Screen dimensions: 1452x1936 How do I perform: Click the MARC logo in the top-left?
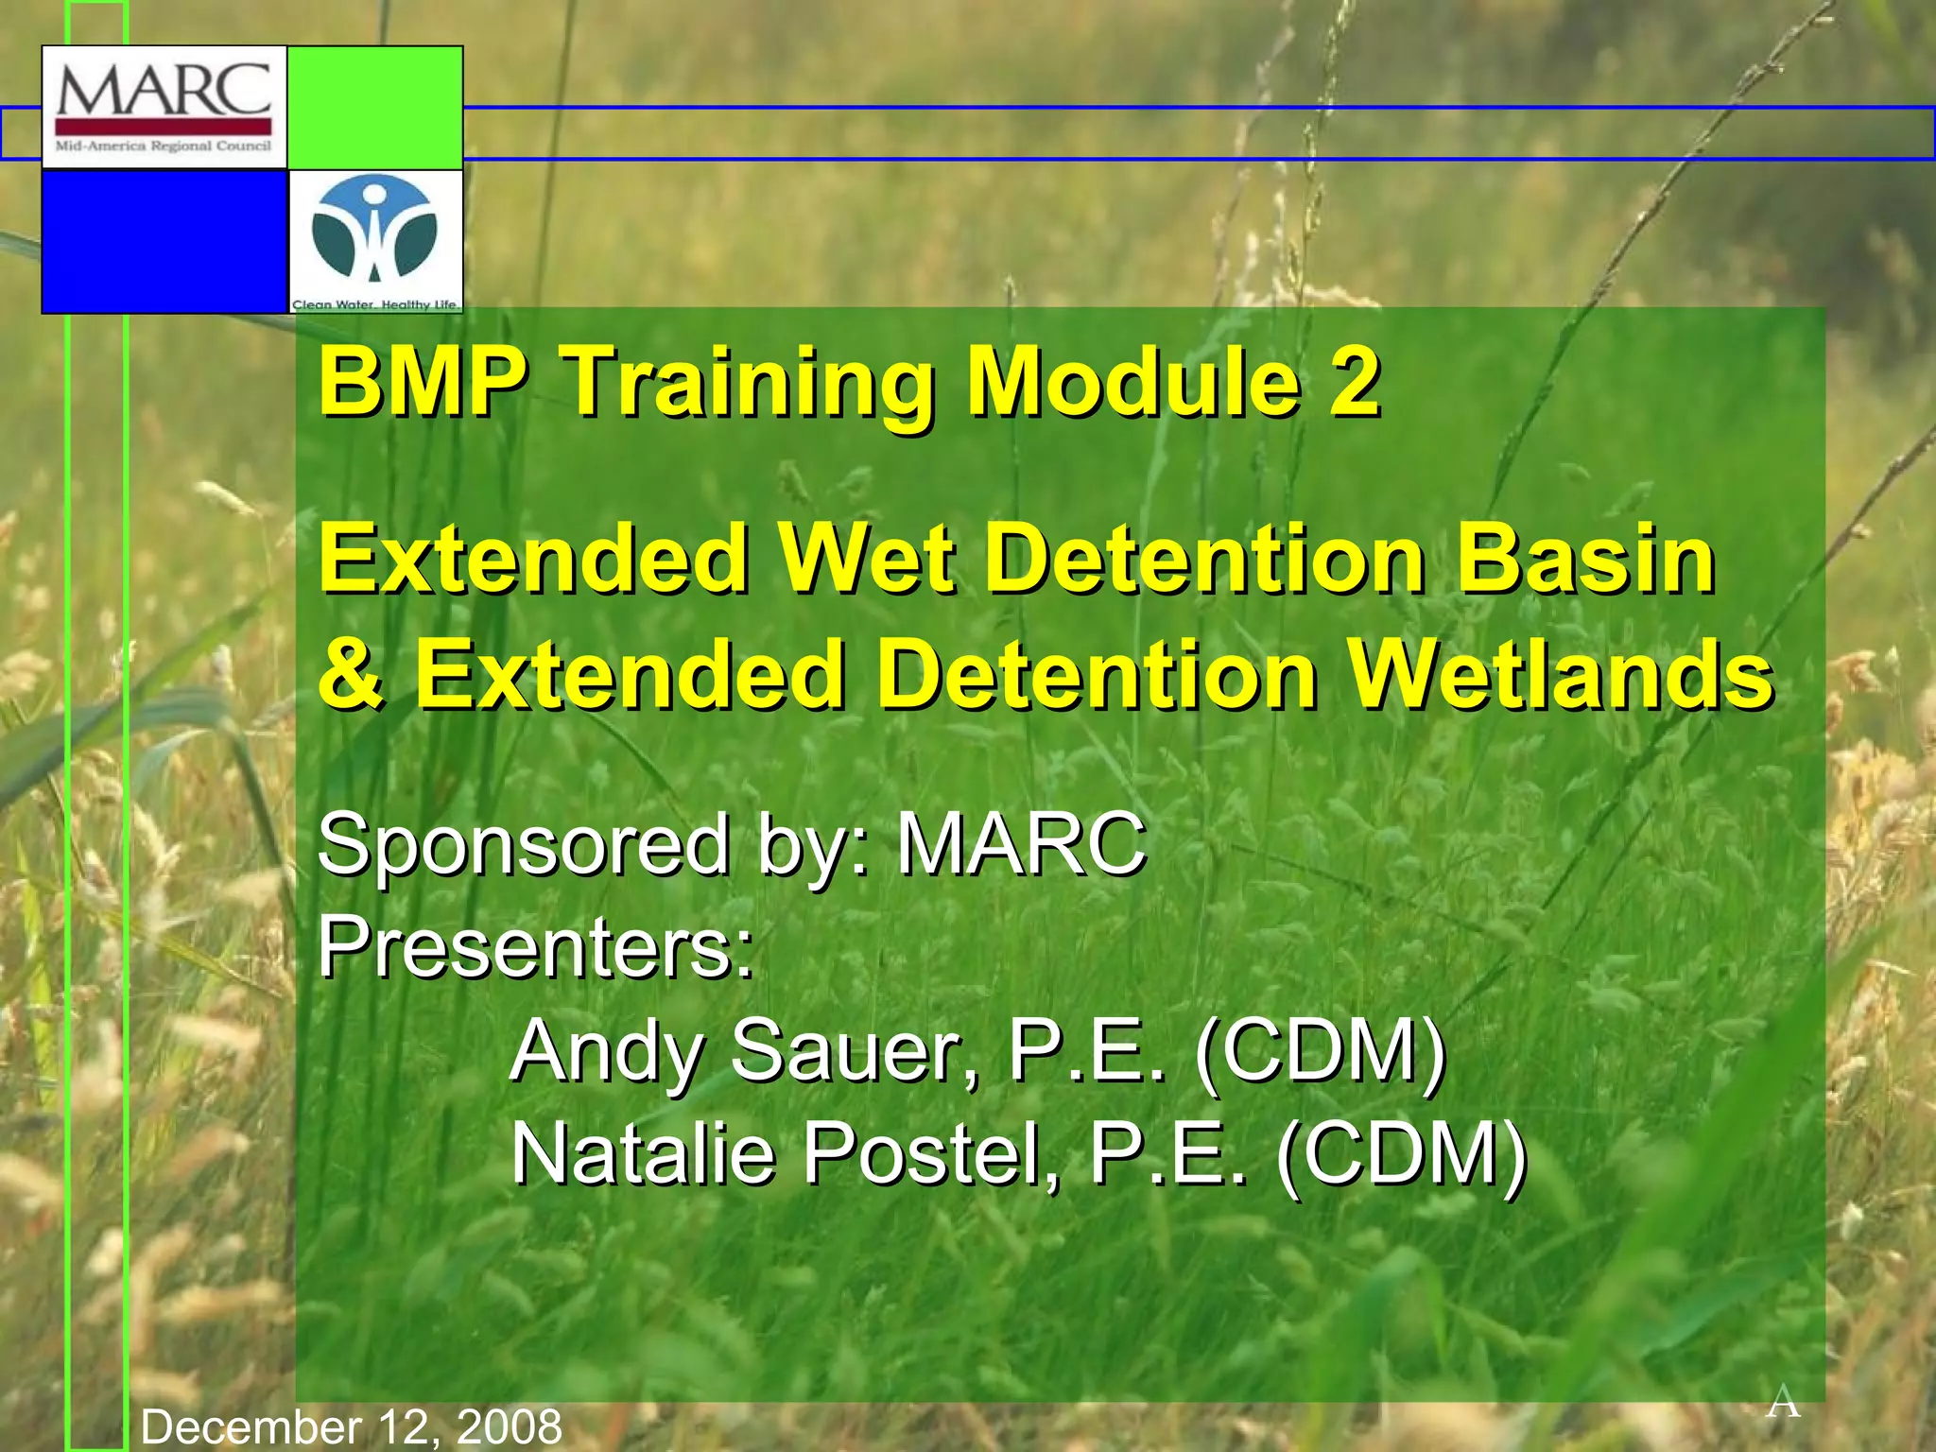pos(164,107)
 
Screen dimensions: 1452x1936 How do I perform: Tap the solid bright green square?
pos(375,107)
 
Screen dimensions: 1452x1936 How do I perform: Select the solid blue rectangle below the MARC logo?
pos(164,241)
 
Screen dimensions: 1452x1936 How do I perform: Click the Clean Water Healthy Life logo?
pos(375,241)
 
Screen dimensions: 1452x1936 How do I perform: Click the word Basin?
pos(1584,560)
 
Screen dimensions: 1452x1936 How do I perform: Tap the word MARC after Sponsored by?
pos(1021,843)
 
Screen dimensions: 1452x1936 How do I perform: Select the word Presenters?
pos(535,947)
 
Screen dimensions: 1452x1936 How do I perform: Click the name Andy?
pos(609,1051)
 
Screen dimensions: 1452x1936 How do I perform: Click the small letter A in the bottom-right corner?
pos(1783,1402)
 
